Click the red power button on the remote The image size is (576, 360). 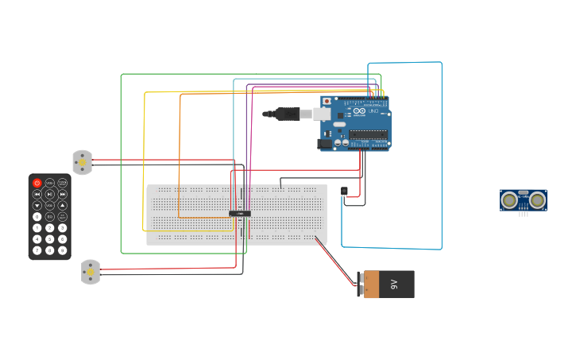[37, 183]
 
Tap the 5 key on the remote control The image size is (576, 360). [49, 239]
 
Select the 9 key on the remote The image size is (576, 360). [62, 250]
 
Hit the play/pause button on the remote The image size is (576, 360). [49, 194]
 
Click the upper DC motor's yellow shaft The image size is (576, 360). [81, 162]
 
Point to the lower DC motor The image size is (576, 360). [90, 273]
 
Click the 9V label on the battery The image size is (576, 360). [394, 284]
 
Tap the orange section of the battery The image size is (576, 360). [371, 285]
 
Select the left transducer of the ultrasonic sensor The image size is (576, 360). [509, 200]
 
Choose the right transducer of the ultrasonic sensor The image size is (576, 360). [538, 200]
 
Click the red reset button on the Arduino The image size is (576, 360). [327, 102]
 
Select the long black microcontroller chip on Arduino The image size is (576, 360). [369, 134]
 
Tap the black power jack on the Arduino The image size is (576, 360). [324, 144]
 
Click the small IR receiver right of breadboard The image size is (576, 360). [344, 191]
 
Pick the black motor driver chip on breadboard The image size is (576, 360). [239, 213]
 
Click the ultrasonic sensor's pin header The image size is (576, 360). [523, 213]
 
